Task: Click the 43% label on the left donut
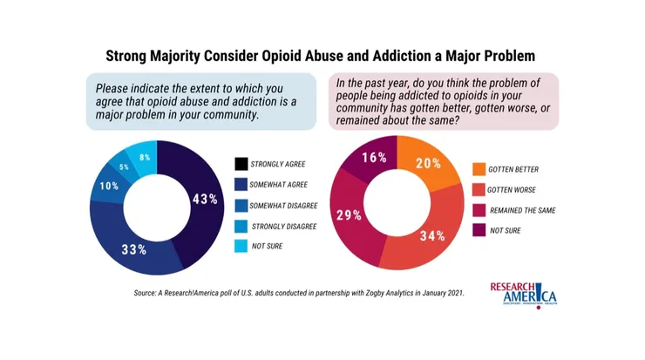[204, 199]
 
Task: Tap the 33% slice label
[133, 248]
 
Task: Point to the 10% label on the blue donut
[110, 187]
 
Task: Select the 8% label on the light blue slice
[145, 158]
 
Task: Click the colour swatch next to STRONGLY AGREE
[241, 163]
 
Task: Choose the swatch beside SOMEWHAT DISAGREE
[241, 205]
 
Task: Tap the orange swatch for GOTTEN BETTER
[479, 168]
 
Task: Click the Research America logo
[525, 294]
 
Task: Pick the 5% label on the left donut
[124, 167]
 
